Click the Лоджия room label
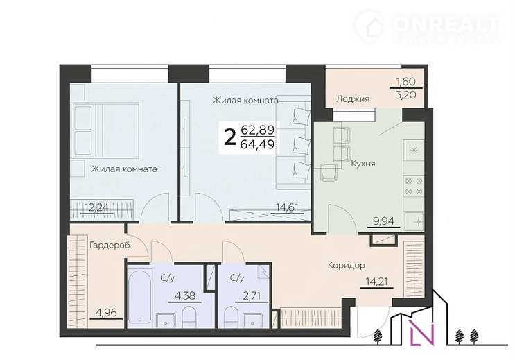coord(353,99)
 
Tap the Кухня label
coord(363,164)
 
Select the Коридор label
coord(347,265)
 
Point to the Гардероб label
coord(110,246)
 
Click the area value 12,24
coord(96,207)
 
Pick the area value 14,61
coord(287,207)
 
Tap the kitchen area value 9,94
coord(383,221)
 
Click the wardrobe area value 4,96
coord(106,312)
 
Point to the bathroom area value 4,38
coord(185,295)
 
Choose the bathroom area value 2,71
coord(252,295)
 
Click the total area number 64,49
coord(258,144)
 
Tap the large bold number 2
coord(230,137)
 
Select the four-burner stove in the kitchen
coord(414,186)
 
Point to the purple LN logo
coord(423,333)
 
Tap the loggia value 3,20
coord(406,95)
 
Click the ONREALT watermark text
coord(446,23)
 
